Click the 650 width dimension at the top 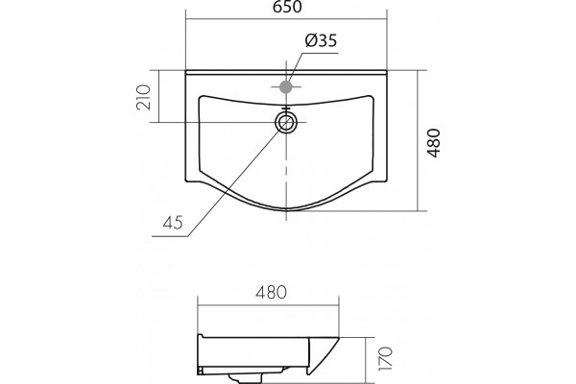click(x=287, y=7)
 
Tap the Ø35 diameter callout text click(x=321, y=40)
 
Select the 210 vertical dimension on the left click(x=144, y=97)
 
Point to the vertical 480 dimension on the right click(x=434, y=143)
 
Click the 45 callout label click(x=173, y=223)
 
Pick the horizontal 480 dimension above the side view click(x=271, y=292)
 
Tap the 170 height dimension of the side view click(x=386, y=358)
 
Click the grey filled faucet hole click(x=286, y=87)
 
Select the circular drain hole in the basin click(x=286, y=122)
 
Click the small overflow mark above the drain click(x=286, y=108)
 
